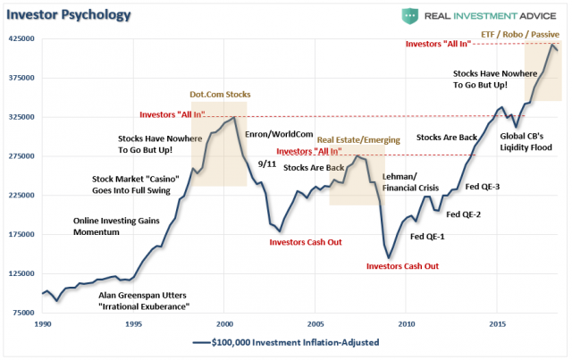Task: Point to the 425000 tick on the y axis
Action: point(21,39)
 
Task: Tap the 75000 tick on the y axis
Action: point(21,313)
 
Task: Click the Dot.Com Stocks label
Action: point(219,94)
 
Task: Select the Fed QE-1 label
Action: point(428,236)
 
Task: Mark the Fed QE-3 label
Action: point(484,186)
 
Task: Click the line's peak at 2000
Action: point(234,117)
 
